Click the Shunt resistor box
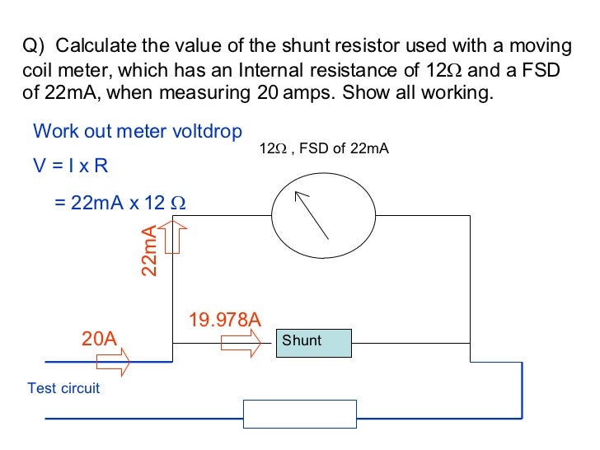coord(313,341)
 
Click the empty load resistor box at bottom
coord(299,414)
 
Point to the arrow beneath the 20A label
coord(112,360)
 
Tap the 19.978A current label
coord(225,319)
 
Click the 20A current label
coord(99,338)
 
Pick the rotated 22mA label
coord(149,251)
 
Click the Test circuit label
coord(63,387)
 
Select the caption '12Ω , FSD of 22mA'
coord(323,149)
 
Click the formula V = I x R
coord(70,166)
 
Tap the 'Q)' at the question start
coord(34,45)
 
